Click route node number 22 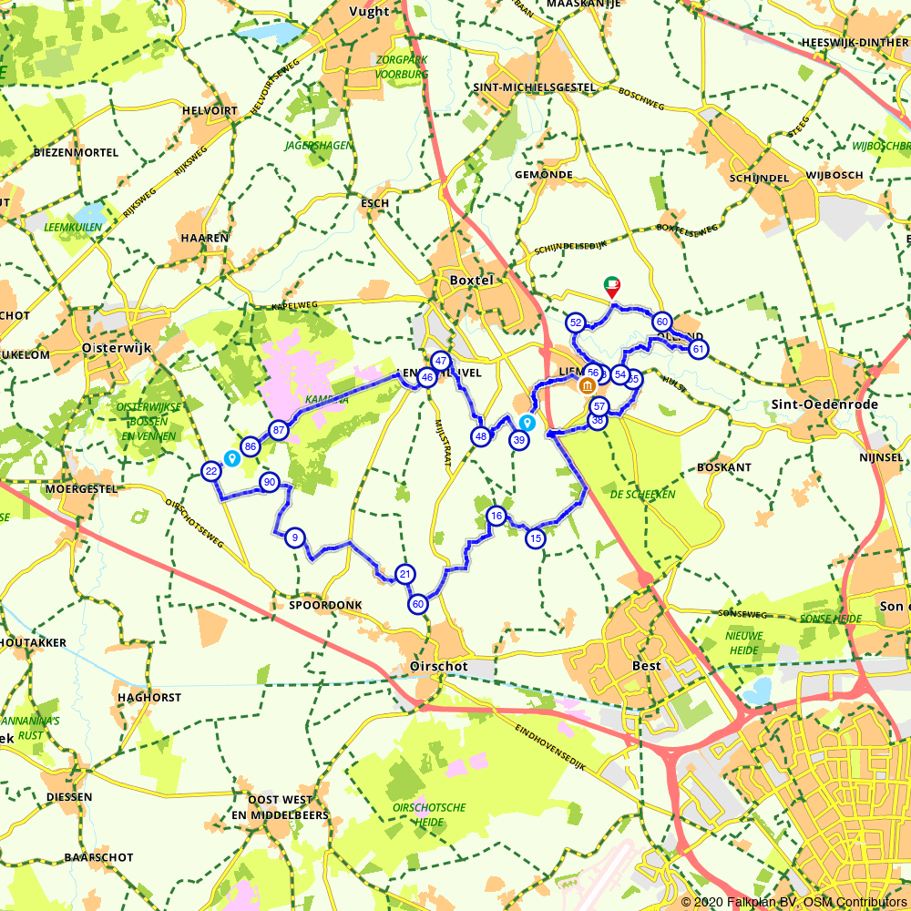[211, 471]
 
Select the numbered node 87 [279, 430]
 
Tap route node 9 [294, 537]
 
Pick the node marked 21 [405, 574]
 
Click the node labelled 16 [496, 516]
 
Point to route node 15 [535, 538]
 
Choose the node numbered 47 [441, 361]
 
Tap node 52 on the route [576, 322]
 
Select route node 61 [699, 349]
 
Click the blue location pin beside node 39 [527, 423]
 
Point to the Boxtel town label [471, 281]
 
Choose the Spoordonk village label [325, 605]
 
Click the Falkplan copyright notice [793, 901]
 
